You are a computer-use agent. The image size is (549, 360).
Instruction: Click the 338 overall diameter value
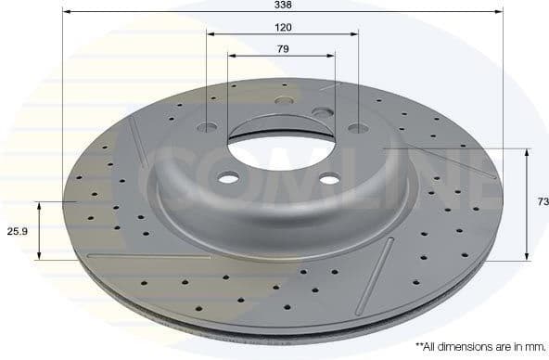coord(283,6)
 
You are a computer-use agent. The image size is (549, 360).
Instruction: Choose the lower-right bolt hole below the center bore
coord(330,182)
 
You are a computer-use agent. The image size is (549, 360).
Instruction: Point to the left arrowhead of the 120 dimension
coord(211,34)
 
